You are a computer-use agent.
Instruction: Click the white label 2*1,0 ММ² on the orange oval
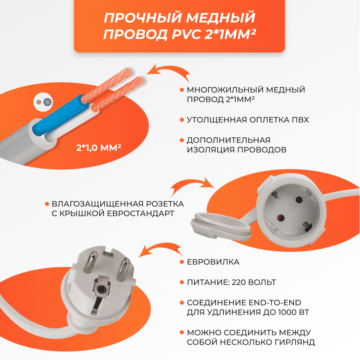coord(99,147)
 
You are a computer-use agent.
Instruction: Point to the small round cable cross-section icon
coord(43,102)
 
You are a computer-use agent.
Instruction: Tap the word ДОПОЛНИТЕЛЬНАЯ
coord(229,140)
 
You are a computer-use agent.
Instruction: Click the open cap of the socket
coord(221,226)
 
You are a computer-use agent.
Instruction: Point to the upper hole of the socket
coord(299,200)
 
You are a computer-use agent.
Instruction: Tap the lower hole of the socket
coord(280,218)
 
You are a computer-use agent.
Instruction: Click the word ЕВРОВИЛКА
coord(213,262)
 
